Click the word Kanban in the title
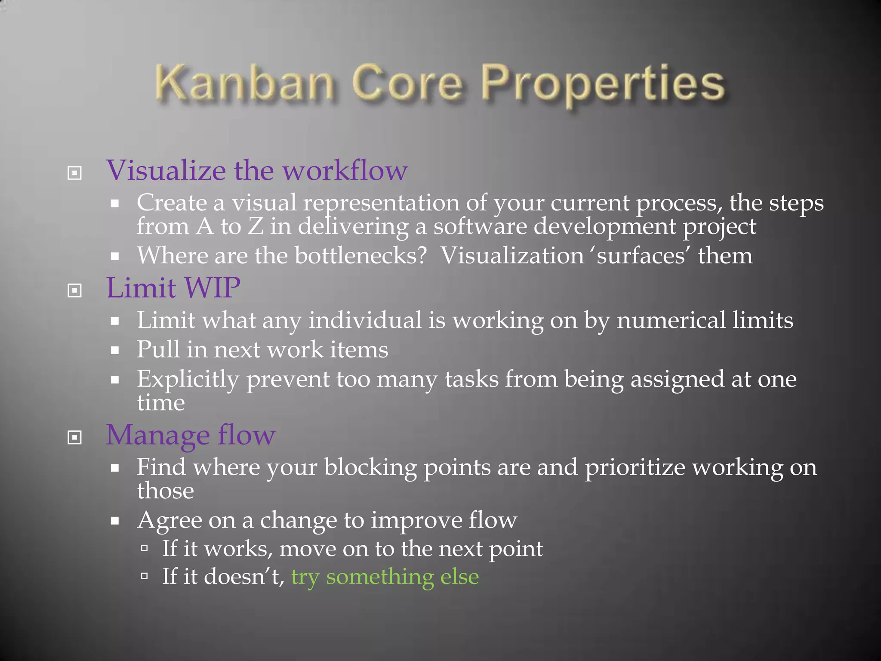point(244,83)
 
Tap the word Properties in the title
point(602,84)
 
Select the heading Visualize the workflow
point(257,170)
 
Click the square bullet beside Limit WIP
point(74,290)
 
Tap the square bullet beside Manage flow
point(74,438)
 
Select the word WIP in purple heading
point(212,288)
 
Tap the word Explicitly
point(188,380)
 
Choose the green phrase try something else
point(385,577)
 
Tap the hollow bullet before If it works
point(145,548)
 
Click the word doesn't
point(243,577)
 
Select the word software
point(480,227)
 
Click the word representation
point(381,203)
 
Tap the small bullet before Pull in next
point(114,350)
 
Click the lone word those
point(165,491)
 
